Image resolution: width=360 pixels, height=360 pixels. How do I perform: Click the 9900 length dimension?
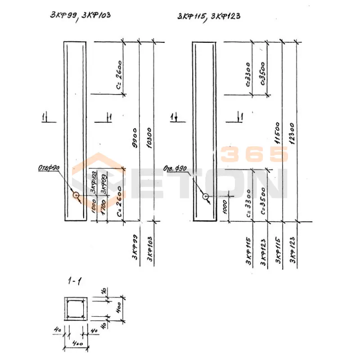134,132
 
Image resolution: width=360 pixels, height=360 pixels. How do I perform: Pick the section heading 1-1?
74,282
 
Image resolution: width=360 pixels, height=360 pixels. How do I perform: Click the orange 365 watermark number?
255,154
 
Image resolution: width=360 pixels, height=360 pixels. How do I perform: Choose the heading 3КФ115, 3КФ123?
208,16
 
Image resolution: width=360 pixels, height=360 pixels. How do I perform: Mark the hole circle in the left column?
76,195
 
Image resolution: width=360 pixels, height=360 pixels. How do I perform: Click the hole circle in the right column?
205,197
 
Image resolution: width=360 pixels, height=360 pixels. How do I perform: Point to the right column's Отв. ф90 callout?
175,169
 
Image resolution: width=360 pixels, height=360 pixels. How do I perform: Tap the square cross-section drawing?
75,309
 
